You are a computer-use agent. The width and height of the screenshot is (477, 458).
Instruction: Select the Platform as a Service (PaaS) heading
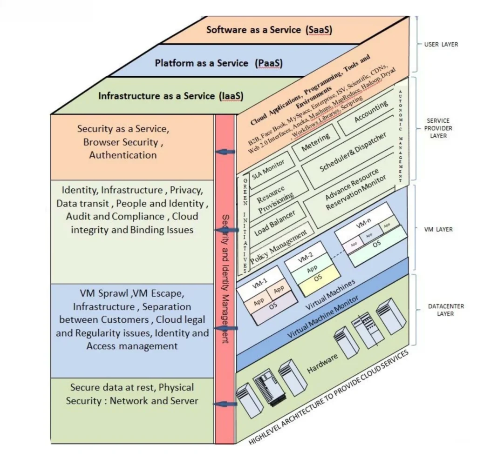(218, 63)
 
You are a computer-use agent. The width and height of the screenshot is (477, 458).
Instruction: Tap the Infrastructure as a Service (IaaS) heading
(170, 96)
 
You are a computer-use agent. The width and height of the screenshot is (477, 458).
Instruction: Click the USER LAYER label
(441, 45)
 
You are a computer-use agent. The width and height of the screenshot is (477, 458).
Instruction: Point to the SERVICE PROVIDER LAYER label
(439, 128)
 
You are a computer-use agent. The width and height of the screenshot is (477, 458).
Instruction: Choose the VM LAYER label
(438, 229)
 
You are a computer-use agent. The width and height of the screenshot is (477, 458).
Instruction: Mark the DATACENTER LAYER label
(439, 310)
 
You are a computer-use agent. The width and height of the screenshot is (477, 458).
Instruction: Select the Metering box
(316, 142)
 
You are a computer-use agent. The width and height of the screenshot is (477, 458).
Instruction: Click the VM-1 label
(259, 282)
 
